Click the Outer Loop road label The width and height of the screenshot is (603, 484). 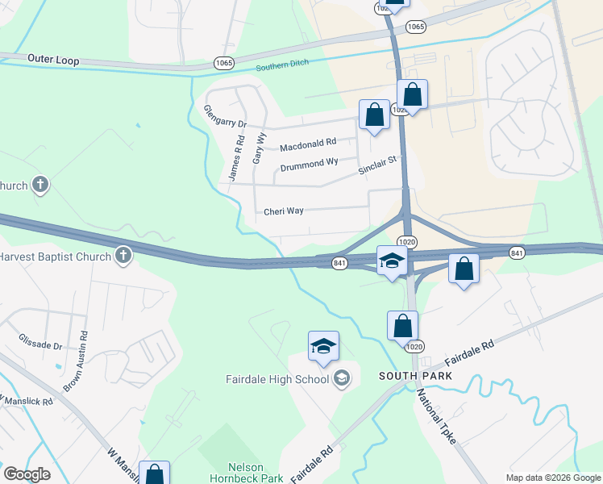coord(52,59)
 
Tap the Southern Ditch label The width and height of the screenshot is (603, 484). coord(283,67)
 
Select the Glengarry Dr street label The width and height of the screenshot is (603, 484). coord(224,117)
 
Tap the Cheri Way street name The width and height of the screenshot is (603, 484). coord(284,211)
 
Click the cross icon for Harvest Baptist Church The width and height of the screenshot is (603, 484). coord(123,256)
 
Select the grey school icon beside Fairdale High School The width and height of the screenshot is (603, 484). coord(342,378)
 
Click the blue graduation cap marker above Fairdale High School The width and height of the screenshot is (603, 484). coord(323,347)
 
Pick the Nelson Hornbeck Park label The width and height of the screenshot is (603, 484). coord(256,473)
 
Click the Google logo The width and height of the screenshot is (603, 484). coord(27,474)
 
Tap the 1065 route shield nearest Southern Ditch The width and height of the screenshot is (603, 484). coord(224,62)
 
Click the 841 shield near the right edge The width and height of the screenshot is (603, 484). coord(517,252)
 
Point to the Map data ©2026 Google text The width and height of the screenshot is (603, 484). coord(551,477)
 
